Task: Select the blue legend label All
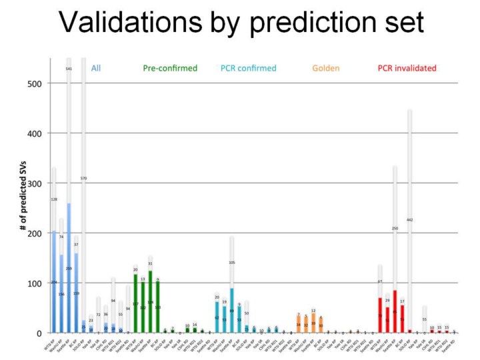click(96, 68)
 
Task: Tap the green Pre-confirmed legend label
click(170, 68)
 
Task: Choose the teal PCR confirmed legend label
click(248, 68)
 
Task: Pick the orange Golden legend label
click(325, 68)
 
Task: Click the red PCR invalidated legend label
click(407, 68)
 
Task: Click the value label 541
click(69, 69)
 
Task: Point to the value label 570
click(84, 179)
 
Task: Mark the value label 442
click(410, 220)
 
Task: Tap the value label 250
click(395, 229)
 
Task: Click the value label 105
click(232, 263)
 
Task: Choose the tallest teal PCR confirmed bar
click(232, 310)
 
